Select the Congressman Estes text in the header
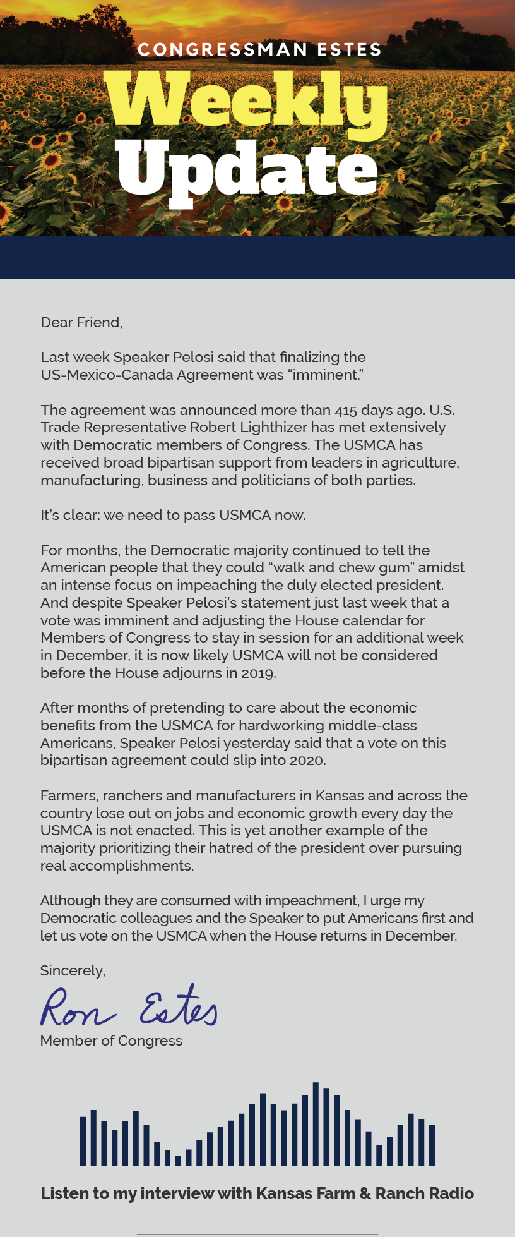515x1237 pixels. coord(259,49)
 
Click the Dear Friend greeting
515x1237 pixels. coord(81,322)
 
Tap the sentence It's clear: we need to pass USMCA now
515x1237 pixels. coord(173,515)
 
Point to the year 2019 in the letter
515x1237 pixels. coord(258,673)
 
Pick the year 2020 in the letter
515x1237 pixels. coord(307,760)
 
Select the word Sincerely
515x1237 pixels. coord(73,970)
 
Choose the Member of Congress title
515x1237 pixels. coord(111,1041)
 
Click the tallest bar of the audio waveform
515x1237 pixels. coord(316,1124)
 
